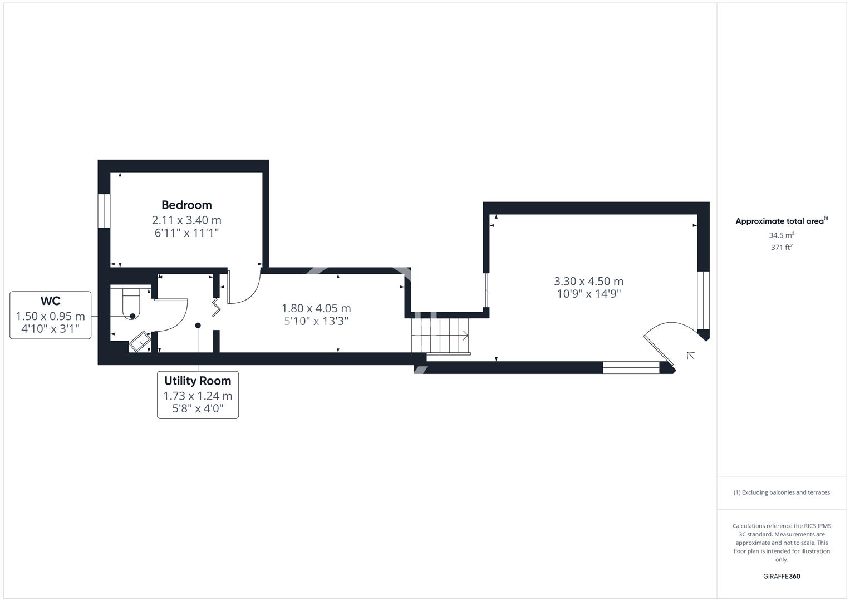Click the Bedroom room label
pos(186,205)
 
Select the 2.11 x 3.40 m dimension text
pos(186,220)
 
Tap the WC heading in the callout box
pos(51,301)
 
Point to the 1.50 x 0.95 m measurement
pos(51,316)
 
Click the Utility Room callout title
pos(198,381)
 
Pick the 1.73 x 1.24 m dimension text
pos(198,396)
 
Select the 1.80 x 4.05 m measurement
pos(316,308)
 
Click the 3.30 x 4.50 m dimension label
pos(588,281)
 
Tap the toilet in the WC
pos(131,303)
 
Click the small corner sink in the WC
pos(140,342)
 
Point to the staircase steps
pos(441,336)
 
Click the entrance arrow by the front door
pos(691,356)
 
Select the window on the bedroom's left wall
pos(104,211)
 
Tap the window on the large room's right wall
pos(704,300)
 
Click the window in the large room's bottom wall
pos(631,368)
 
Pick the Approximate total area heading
pos(782,221)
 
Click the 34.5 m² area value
pos(782,235)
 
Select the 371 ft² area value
pos(782,248)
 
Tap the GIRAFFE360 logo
pos(782,577)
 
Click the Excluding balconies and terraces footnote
pos(782,492)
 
